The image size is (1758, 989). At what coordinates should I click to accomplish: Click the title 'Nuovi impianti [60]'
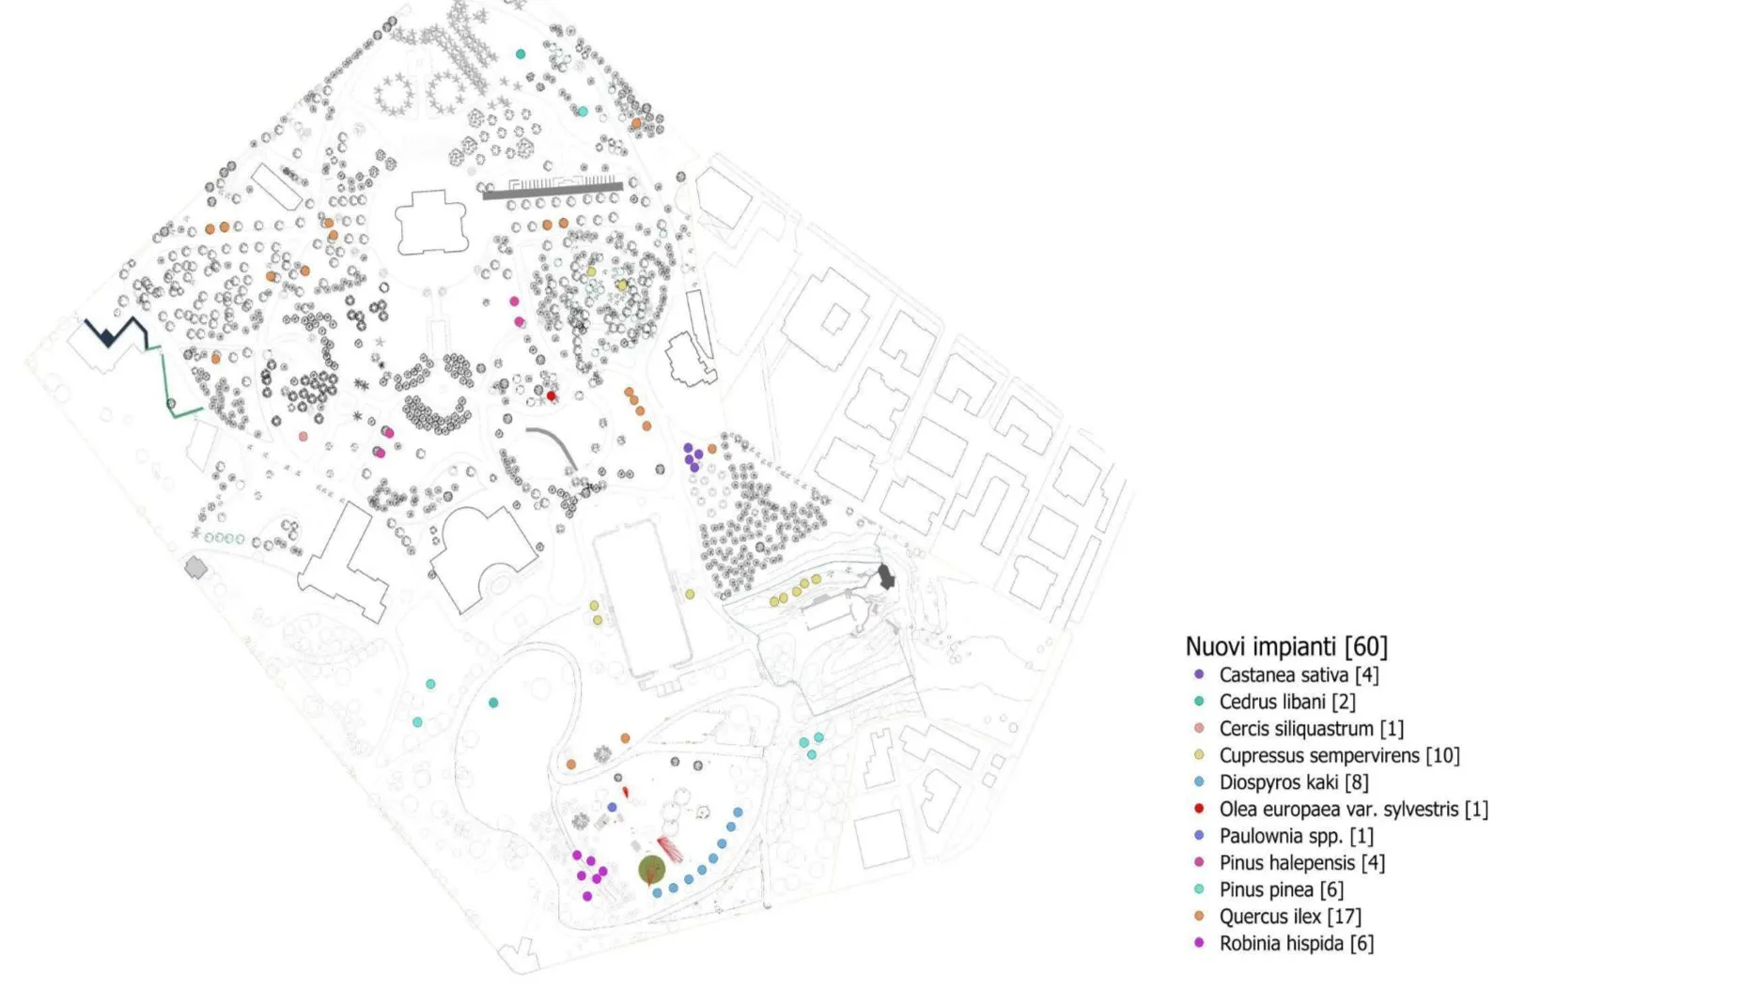click(x=1285, y=646)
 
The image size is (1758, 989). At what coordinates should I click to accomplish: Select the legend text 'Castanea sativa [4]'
click(x=1299, y=674)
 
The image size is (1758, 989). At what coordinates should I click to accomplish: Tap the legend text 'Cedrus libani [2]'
click(x=1287, y=702)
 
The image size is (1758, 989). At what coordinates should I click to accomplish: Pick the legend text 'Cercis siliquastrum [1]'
click(x=1311, y=728)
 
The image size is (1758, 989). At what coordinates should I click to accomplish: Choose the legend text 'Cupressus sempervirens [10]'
click(x=1339, y=755)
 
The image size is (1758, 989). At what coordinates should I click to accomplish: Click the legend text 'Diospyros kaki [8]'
click(x=1294, y=781)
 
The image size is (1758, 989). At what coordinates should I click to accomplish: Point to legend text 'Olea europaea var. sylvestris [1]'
click(x=1353, y=809)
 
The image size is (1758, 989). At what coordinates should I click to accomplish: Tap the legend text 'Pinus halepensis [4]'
click(x=1301, y=862)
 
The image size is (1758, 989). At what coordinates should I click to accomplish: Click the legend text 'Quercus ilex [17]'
click(x=1290, y=916)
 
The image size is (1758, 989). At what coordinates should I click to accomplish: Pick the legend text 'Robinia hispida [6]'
click(x=1296, y=943)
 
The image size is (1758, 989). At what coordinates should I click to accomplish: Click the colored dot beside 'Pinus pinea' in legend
click(x=1199, y=889)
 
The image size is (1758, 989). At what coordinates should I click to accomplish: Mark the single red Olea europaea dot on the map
click(x=552, y=396)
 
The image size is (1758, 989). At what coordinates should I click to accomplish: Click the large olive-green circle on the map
click(x=651, y=870)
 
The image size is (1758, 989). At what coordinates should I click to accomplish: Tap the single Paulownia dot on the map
click(x=612, y=807)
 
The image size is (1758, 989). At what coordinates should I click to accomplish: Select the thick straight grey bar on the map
click(x=552, y=191)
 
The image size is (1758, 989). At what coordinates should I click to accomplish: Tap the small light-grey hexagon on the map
click(x=195, y=567)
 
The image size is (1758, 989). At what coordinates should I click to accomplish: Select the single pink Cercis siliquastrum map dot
click(x=303, y=437)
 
